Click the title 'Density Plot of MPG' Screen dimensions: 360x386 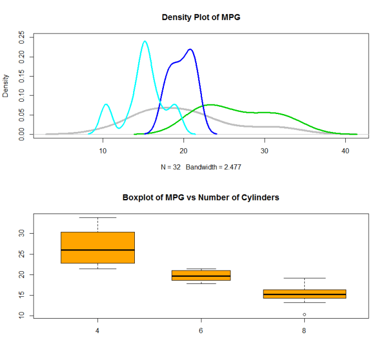pyautogui.click(x=201, y=17)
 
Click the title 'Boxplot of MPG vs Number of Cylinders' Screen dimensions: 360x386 pyautogui.click(x=201, y=197)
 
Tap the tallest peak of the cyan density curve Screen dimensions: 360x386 pyautogui.click(x=145, y=41)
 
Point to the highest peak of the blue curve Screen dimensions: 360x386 pyautogui.click(x=191, y=50)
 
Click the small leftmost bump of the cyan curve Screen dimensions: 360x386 pyautogui.click(x=106, y=105)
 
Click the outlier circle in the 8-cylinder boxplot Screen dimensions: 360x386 pyautogui.click(x=304, y=315)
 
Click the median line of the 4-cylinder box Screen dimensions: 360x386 pyautogui.click(x=98, y=250)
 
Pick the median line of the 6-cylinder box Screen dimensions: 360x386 pyautogui.click(x=201, y=276)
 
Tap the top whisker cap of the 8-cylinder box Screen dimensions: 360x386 pyautogui.click(x=304, y=278)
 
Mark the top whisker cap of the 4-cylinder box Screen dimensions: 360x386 pyautogui.click(x=98, y=217)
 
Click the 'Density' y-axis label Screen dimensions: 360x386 pyautogui.click(x=6, y=86)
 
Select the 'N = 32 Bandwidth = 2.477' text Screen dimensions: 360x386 pyautogui.click(x=201, y=167)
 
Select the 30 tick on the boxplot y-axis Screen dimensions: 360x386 pyautogui.click(x=22, y=233)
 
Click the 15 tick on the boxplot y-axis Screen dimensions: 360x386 pyautogui.click(x=22, y=295)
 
